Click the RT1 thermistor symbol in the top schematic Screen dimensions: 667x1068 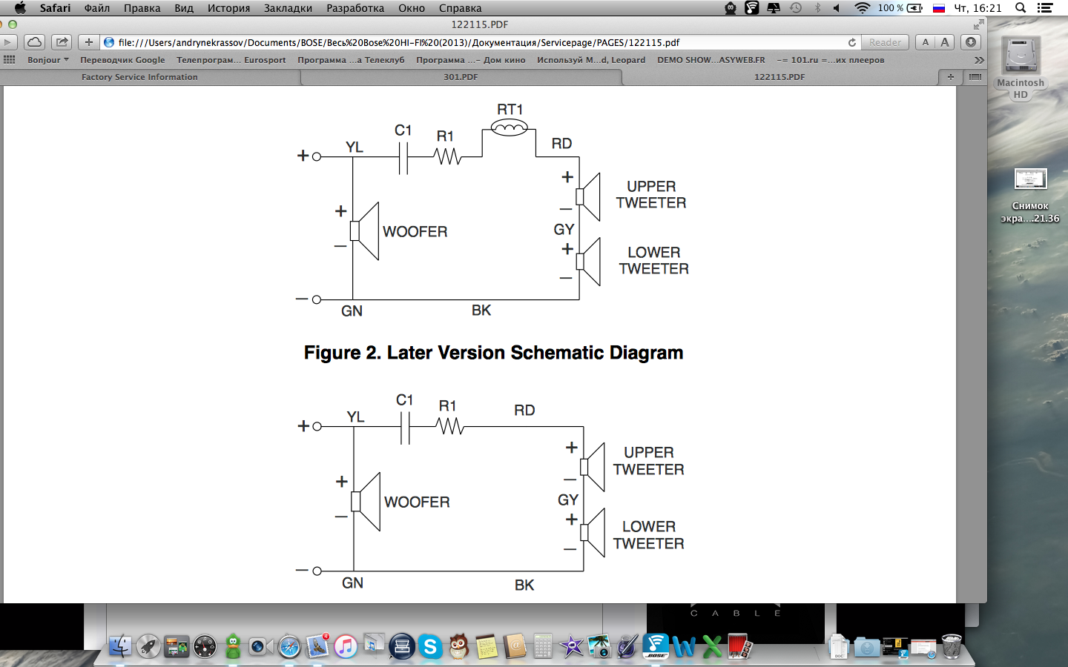pyautogui.click(x=510, y=128)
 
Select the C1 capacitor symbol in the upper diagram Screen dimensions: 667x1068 pyautogui.click(x=403, y=157)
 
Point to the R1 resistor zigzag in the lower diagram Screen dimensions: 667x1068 pyautogui.click(x=449, y=426)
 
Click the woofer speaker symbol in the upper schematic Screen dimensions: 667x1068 pyautogui.click(x=366, y=231)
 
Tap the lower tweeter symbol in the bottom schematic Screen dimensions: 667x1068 pyautogui.click(x=593, y=532)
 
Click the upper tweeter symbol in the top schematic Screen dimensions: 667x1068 pyautogui.click(x=589, y=196)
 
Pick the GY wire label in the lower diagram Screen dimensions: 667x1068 pyautogui.click(x=567, y=500)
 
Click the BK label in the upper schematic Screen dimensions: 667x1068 pyautogui.click(x=481, y=311)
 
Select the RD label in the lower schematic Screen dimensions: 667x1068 pyautogui.click(x=524, y=411)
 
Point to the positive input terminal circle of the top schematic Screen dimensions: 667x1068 pyautogui.click(x=317, y=156)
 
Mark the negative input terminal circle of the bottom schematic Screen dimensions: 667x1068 pyautogui.click(x=317, y=571)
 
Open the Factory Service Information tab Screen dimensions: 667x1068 pyautogui.click(x=139, y=77)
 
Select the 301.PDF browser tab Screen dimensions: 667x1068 pyautogui.click(x=461, y=77)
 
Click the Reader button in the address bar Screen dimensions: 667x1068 pyautogui.click(x=885, y=42)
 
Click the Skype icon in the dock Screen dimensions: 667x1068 pyautogui.click(x=430, y=647)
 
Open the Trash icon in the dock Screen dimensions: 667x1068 pyautogui.click(x=952, y=647)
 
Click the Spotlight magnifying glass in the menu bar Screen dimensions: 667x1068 pyautogui.click(x=1021, y=8)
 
